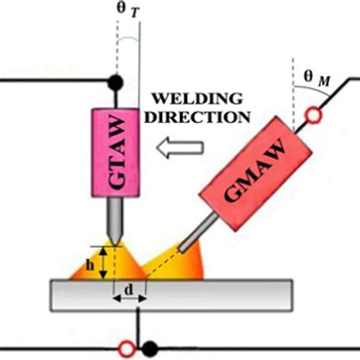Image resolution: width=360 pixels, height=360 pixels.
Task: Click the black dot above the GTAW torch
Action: pos(116,80)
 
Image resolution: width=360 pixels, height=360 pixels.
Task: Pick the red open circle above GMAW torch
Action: pos(311,115)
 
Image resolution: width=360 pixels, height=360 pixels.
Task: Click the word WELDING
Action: pos(199,99)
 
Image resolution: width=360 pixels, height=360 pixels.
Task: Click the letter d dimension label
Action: pos(130,289)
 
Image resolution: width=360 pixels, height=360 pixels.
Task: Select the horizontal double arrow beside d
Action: pos(129,301)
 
